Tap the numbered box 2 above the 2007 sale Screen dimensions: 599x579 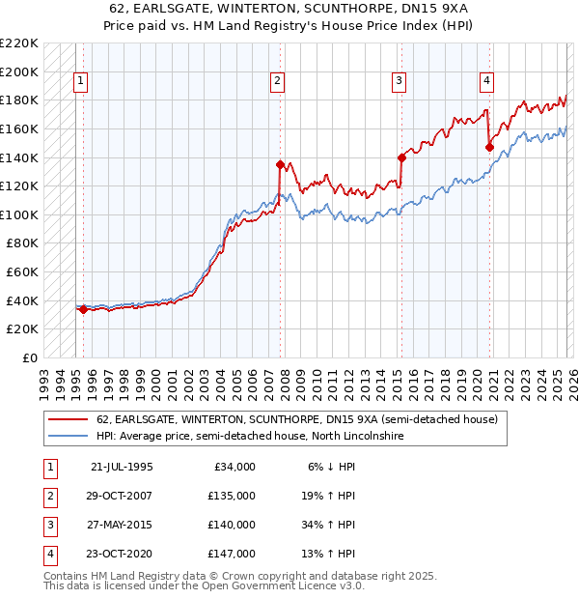pos(277,81)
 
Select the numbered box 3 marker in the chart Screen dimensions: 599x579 pos(398,81)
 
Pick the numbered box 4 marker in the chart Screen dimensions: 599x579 pos(486,81)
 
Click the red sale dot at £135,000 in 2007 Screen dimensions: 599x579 pos(280,164)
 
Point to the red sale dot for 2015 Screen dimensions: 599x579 pos(400,157)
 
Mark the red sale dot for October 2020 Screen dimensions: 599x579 pos(489,148)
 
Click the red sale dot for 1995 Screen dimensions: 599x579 pos(83,310)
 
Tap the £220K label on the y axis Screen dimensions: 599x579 pos(19,43)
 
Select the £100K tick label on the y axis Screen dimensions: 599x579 pos(19,215)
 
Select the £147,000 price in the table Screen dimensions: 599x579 pos(233,554)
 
